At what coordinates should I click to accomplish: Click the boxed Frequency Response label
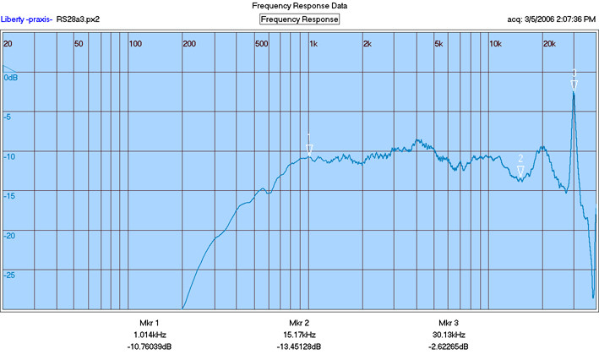(x=299, y=19)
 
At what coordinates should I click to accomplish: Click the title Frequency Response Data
(x=299, y=6)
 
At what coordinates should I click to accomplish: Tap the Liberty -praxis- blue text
(x=26, y=19)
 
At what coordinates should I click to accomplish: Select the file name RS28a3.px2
(x=78, y=19)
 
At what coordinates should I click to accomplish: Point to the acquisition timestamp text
(x=551, y=19)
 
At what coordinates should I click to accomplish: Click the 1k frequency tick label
(x=313, y=44)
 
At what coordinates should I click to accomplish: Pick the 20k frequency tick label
(x=549, y=44)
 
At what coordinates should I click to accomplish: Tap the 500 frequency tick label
(x=262, y=44)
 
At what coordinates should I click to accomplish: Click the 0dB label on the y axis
(x=11, y=78)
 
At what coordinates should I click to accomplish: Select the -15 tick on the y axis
(x=9, y=196)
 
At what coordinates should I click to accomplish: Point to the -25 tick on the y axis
(x=9, y=275)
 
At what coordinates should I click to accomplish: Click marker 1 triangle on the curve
(x=309, y=150)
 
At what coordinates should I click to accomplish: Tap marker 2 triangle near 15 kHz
(x=520, y=171)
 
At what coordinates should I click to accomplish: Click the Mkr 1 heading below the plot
(x=150, y=323)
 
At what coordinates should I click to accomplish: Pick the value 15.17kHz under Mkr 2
(x=299, y=335)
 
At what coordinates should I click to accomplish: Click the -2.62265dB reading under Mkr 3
(x=449, y=346)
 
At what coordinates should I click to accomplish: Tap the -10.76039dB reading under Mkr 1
(x=150, y=346)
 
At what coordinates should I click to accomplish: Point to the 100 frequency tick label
(x=135, y=44)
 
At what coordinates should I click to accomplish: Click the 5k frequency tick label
(x=438, y=44)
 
